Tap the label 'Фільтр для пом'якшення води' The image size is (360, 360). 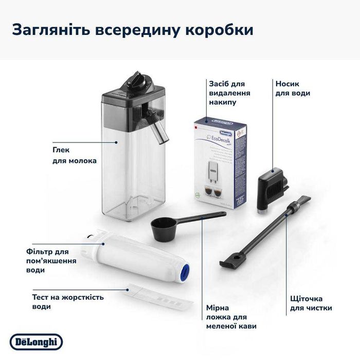[51, 261]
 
